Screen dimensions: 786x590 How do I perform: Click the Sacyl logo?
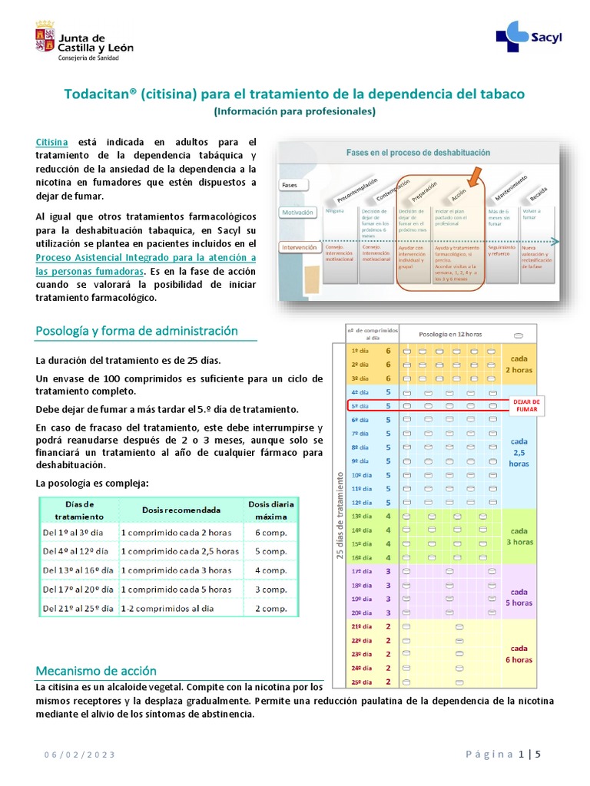(x=523, y=36)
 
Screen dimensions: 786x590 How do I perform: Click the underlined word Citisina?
(x=52, y=143)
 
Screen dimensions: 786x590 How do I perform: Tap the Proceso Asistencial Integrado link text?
(x=146, y=258)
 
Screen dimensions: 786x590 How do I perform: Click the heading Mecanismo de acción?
(x=96, y=670)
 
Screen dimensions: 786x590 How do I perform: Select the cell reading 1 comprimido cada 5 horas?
(x=176, y=589)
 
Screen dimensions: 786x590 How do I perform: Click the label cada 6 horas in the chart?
(x=519, y=653)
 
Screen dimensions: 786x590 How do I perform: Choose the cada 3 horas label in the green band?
(x=519, y=536)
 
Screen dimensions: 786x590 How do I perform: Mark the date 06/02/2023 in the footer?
(x=79, y=755)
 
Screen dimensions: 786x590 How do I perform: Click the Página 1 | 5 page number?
(x=503, y=754)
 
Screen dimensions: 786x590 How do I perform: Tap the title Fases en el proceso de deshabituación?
(x=418, y=152)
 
